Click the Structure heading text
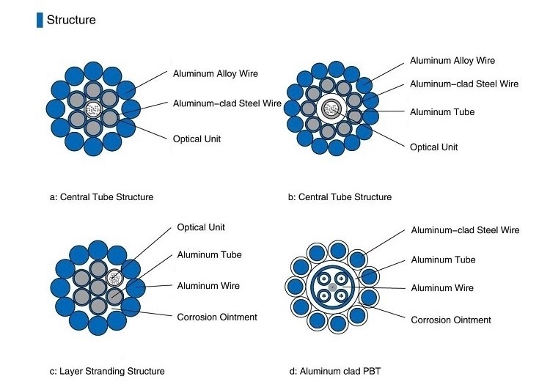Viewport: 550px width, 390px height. pyautogui.click(x=71, y=20)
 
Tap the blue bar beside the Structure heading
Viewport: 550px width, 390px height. pyautogui.click(x=40, y=20)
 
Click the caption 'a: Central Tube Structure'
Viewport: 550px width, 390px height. pyautogui.click(x=101, y=196)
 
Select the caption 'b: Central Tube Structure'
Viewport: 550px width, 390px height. pyautogui.click(x=339, y=196)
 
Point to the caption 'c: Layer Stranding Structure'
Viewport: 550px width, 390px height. pyautogui.click(x=107, y=371)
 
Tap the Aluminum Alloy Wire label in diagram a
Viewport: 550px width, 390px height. pyautogui.click(x=215, y=73)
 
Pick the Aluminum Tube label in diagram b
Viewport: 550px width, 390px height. pyautogui.click(x=442, y=111)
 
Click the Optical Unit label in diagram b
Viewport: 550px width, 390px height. pyautogui.click(x=434, y=147)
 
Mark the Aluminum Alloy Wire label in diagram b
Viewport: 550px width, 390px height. pyautogui.click(x=452, y=60)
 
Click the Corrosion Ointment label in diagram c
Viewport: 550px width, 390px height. pyautogui.click(x=218, y=317)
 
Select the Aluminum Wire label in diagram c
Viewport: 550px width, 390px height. pyautogui.click(x=208, y=285)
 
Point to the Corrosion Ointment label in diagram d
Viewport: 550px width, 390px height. pyautogui.click(x=451, y=320)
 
